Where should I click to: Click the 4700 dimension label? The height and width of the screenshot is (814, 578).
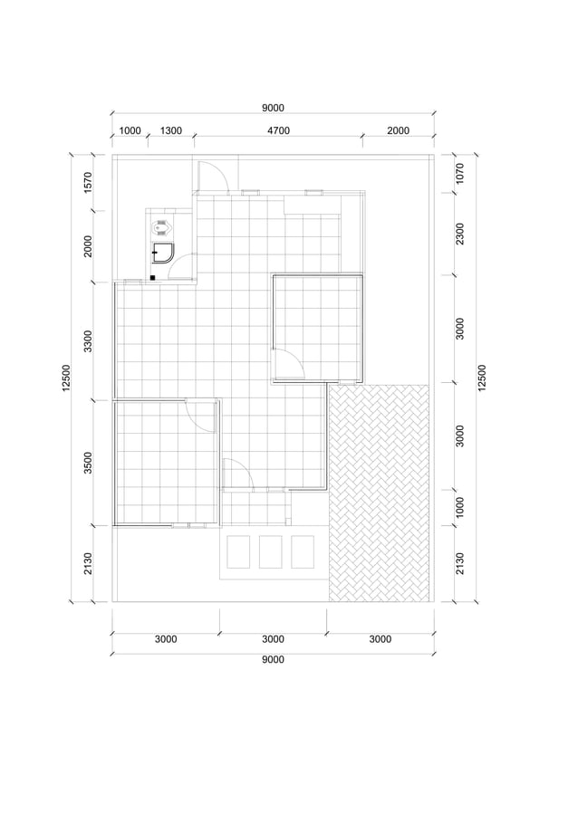click(x=278, y=130)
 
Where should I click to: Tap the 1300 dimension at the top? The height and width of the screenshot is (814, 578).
click(x=171, y=130)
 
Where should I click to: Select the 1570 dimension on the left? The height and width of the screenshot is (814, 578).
click(x=88, y=182)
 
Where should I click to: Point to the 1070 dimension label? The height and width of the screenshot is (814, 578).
click(x=460, y=173)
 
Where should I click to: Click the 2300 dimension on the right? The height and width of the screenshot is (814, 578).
click(x=460, y=234)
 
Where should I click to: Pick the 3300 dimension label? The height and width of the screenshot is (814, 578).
click(x=88, y=340)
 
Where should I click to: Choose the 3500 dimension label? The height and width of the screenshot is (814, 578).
click(x=88, y=461)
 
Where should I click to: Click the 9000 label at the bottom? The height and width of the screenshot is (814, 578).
click(x=273, y=659)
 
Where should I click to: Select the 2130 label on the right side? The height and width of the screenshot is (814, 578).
click(x=460, y=562)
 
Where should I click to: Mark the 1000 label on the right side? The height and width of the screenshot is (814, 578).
click(x=460, y=507)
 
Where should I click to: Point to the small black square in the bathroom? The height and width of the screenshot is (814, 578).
click(x=153, y=276)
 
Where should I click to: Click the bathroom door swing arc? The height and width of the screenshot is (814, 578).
click(x=184, y=267)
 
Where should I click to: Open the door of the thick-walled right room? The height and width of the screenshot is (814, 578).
click(x=290, y=364)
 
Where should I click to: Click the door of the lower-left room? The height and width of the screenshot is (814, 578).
click(x=199, y=413)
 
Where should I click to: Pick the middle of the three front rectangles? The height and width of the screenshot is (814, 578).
click(x=272, y=551)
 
